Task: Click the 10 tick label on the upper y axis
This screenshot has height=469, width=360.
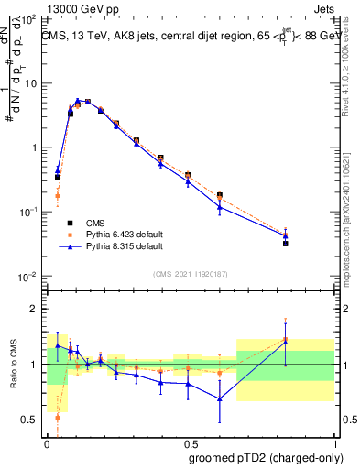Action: click(x=30, y=83)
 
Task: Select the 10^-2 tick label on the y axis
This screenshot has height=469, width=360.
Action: click(x=28, y=277)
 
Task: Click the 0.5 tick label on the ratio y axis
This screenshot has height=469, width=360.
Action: click(x=30, y=420)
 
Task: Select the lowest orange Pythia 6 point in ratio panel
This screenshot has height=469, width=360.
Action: click(x=58, y=417)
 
